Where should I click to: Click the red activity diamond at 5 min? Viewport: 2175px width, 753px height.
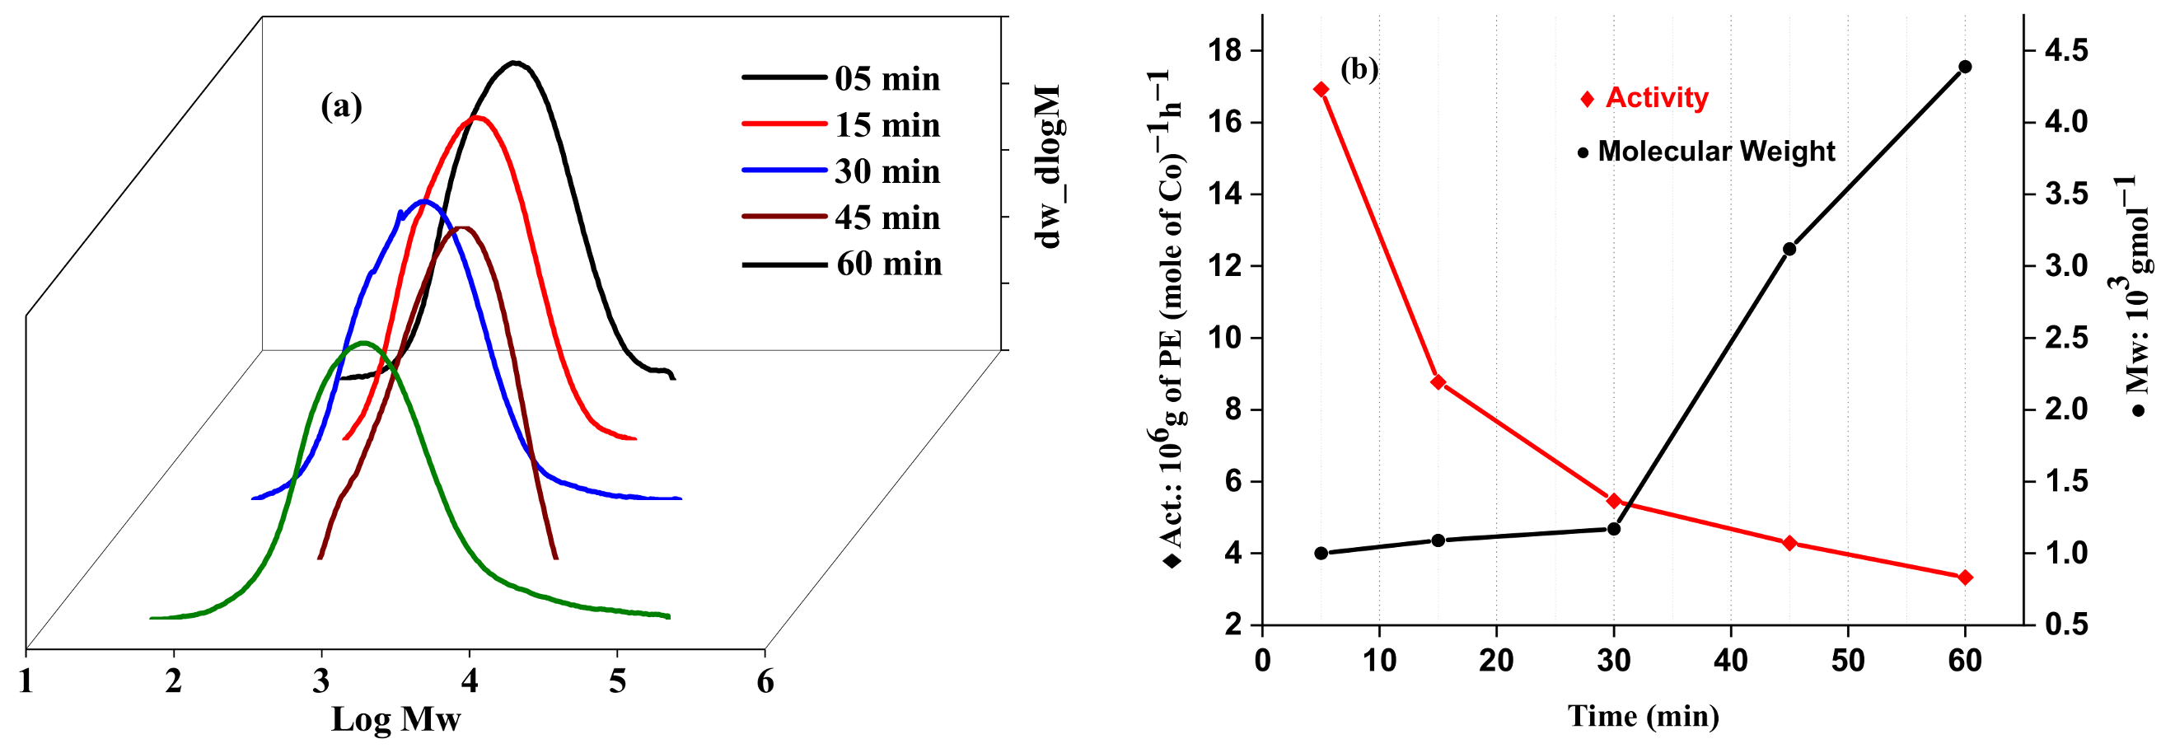tap(1321, 90)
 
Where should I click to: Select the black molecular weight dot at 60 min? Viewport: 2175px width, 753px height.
tap(1965, 67)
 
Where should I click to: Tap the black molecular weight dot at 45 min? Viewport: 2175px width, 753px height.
tap(1789, 249)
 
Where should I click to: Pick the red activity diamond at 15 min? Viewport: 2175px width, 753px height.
tap(1438, 382)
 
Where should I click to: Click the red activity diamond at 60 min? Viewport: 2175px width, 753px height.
tap(1965, 578)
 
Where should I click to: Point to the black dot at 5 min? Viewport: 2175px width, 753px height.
tap(1321, 554)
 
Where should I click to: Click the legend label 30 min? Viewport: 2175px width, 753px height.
tap(886, 171)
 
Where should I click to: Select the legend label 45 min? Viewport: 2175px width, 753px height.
tap(886, 217)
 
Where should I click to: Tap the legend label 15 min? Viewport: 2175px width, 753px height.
tap(886, 125)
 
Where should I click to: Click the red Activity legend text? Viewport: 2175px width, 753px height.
tap(1656, 98)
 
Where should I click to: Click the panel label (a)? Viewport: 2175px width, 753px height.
tap(341, 106)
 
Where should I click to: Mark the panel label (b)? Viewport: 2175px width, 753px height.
tap(1359, 68)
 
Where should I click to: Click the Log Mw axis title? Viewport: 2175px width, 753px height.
tap(395, 718)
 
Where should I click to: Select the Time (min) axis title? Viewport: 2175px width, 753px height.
tap(1643, 716)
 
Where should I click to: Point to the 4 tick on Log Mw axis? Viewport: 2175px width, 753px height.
tap(470, 681)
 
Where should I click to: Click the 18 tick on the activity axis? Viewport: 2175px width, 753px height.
tap(1225, 50)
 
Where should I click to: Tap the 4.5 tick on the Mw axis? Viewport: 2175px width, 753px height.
tap(2065, 50)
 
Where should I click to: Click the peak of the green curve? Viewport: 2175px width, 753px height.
tap(364, 343)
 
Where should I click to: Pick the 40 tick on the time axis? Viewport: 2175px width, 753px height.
tap(1731, 660)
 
